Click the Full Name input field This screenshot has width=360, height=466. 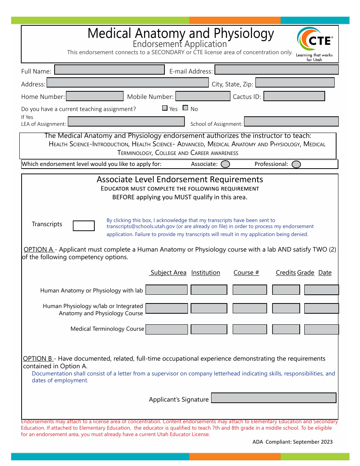coord(110,70)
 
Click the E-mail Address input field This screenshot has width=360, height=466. coord(276,70)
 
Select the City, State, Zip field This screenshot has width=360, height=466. coord(295,83)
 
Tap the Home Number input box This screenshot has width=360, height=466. coord(95,96)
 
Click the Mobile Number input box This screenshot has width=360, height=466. coord(203,96)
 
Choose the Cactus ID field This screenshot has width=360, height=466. coord(294,96)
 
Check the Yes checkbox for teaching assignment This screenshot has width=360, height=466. coord(165,108)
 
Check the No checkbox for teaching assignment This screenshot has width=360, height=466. coord(185,108)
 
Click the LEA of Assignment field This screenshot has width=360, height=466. coord(126,121)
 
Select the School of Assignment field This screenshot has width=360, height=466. coord(291,121)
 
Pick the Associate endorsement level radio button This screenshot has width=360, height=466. coord(225,164)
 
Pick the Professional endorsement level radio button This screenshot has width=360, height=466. coord(296,164)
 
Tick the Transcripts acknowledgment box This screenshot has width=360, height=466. coord(84,226)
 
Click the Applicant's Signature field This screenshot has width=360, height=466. coord(274,398)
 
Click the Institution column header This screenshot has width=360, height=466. coord(205,273)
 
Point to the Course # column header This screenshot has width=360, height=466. coord(246,273)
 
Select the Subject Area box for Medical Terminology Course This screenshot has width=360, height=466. coord(167,329)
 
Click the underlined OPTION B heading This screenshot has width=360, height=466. coord(38,358)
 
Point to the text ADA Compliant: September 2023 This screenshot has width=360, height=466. coord(293,442)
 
